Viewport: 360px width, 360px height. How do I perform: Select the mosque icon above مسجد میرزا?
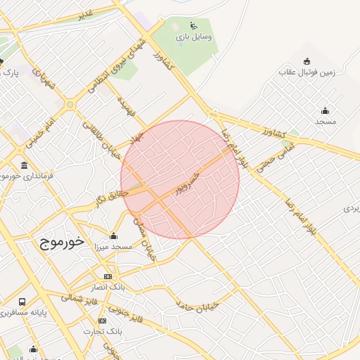tap(114, 236)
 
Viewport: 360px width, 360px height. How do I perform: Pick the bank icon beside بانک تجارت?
tap(103, 321)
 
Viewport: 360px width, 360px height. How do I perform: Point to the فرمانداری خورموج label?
tap(35, 176)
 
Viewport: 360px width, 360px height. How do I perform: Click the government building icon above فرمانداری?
tap(25, 166)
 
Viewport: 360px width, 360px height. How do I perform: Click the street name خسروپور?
tap(191, 182)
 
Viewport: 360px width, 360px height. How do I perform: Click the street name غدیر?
tap(85, 14)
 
